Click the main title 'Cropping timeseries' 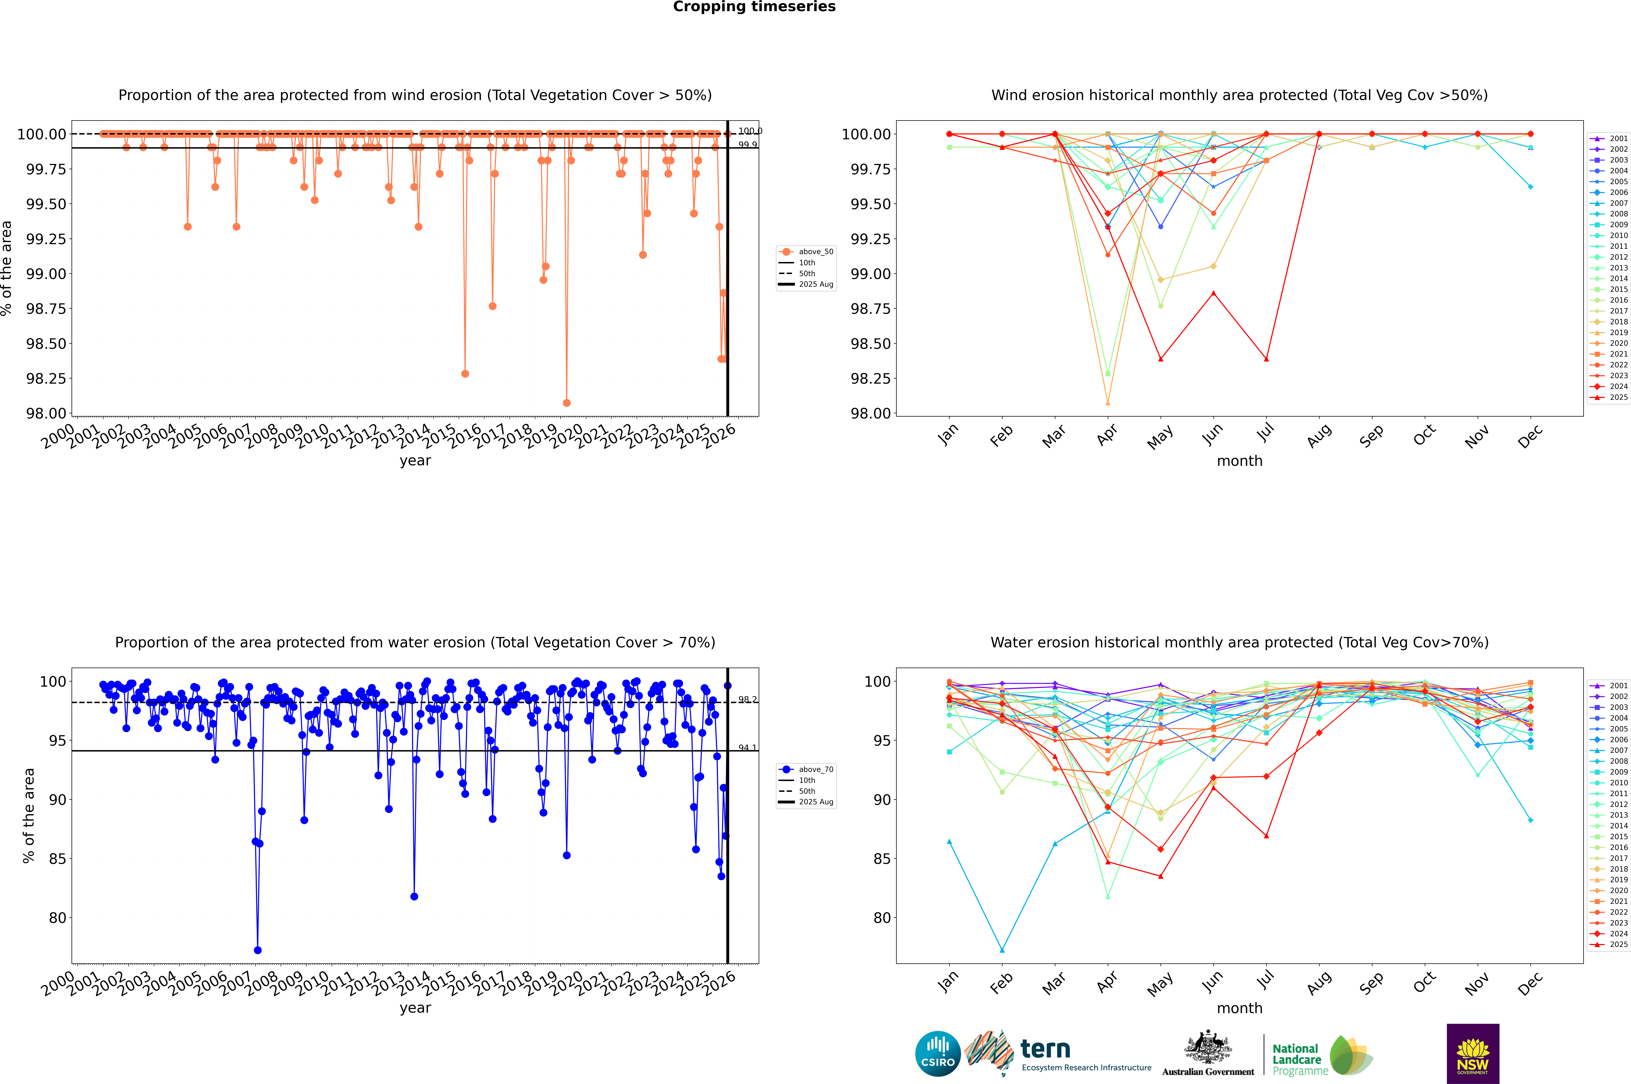pos(754,7)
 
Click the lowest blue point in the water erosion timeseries pos(258,951)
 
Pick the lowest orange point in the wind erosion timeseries pos(567,403)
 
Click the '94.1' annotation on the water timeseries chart pos(747,748)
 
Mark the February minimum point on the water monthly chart pos(1002,951)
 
